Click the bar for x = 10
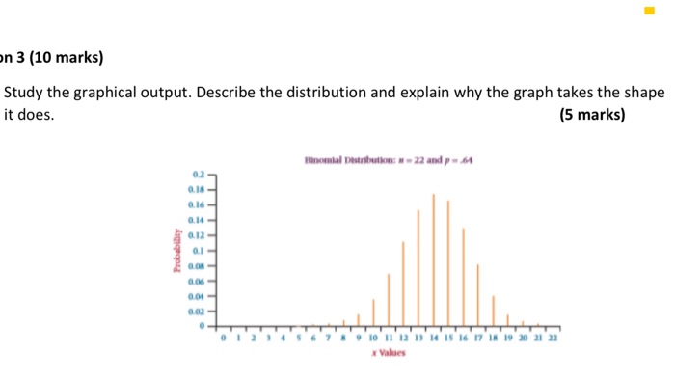click(373, 314)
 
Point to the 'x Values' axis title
click(388, 354)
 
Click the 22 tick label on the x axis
click(553, 340)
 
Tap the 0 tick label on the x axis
click(223, 340)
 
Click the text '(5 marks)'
click(592, 116)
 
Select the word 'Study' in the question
click(26, 94)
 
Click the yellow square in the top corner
click(650, 12)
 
